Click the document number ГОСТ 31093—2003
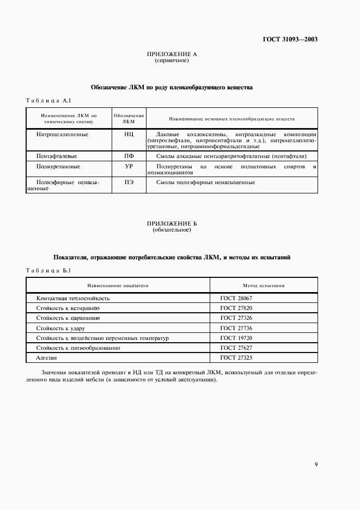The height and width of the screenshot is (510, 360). click(291, 40)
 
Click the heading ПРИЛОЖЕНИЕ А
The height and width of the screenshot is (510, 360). click(172, 54)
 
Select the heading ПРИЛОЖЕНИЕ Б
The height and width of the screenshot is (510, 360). click(172, 224)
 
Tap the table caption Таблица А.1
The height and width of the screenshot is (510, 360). click(48, 101)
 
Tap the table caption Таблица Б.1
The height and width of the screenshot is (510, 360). click(48, 270)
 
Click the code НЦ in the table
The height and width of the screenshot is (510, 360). click(129, 135)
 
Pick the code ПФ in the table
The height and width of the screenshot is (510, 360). click(129, 156)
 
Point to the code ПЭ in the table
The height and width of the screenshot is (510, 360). click(129, 183)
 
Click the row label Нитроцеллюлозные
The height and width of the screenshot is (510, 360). click(62, 135)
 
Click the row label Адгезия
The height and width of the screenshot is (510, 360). click(46, 358)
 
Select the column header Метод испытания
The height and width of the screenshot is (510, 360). click(264, 285)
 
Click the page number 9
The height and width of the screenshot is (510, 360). click(316, 464)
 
